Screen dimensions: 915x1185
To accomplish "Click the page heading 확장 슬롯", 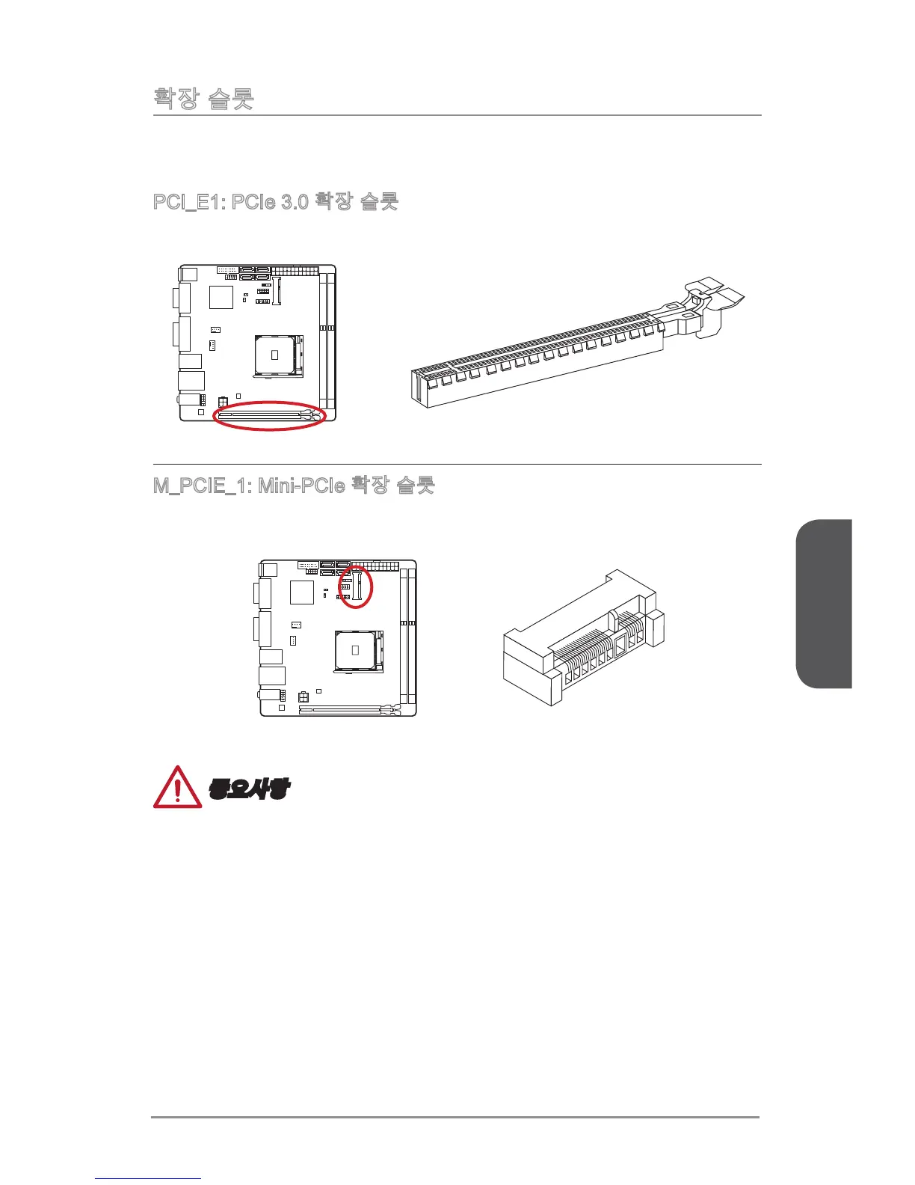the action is point(203,98).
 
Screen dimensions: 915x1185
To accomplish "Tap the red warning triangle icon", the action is point(177,788).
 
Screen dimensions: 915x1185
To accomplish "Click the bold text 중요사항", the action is point(249,789).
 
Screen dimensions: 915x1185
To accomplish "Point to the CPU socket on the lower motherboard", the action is point(355,649).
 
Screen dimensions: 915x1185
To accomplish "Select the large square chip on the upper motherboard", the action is point(221,297).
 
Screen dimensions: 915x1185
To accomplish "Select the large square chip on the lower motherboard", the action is point(301,592).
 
